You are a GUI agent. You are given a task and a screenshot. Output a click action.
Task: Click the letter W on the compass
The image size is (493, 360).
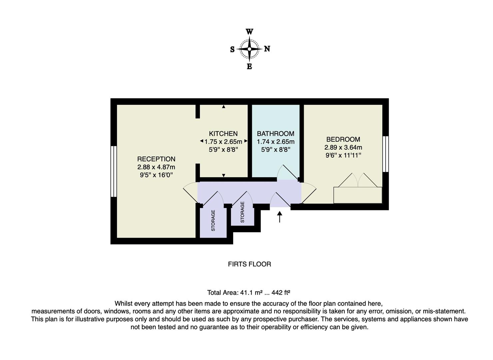(x=249, y=32)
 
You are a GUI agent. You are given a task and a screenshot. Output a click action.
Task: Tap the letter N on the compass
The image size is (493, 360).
(x=267, y=49)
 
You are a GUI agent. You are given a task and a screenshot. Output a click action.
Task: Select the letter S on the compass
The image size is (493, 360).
(x=232, y=50)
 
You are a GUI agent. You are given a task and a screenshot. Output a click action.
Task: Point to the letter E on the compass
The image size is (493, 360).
(x=249, y=67)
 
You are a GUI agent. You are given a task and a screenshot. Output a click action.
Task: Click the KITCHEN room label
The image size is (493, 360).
(x=223, y=134)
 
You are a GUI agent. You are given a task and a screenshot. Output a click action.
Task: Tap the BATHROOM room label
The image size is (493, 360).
(x=275, y=134)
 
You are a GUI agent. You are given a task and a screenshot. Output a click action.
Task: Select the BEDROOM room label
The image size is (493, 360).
(x=343, y=139)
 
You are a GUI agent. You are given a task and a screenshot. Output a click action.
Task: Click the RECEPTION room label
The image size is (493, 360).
(x=156, y=159)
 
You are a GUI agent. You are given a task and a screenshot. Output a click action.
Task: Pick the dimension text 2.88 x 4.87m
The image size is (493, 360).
(x=156, y=167)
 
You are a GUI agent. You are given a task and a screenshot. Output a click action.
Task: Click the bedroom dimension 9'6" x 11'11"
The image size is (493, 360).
(x=343, y=155)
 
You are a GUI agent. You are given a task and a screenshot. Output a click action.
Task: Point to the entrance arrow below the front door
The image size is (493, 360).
(x=279, y=217)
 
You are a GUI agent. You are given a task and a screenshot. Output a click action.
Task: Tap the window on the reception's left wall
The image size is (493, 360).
(x=114, y=171)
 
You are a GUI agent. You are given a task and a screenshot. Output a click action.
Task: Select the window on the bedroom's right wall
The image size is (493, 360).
(x=385, y=154)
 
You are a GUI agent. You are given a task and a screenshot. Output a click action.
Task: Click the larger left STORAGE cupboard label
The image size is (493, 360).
(x=213, y=220)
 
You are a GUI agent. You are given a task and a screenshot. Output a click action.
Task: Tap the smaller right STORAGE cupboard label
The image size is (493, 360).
(x=243, y=212)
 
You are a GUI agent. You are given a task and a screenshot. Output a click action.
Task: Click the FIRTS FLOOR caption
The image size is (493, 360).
(x=249, y=264)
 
